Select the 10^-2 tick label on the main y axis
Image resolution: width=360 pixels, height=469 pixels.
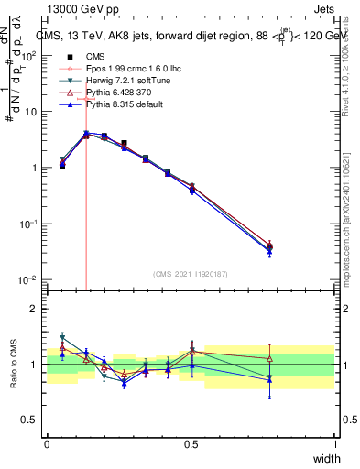pos(27,280)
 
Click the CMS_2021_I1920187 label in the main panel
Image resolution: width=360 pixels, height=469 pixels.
pos(191,273)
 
